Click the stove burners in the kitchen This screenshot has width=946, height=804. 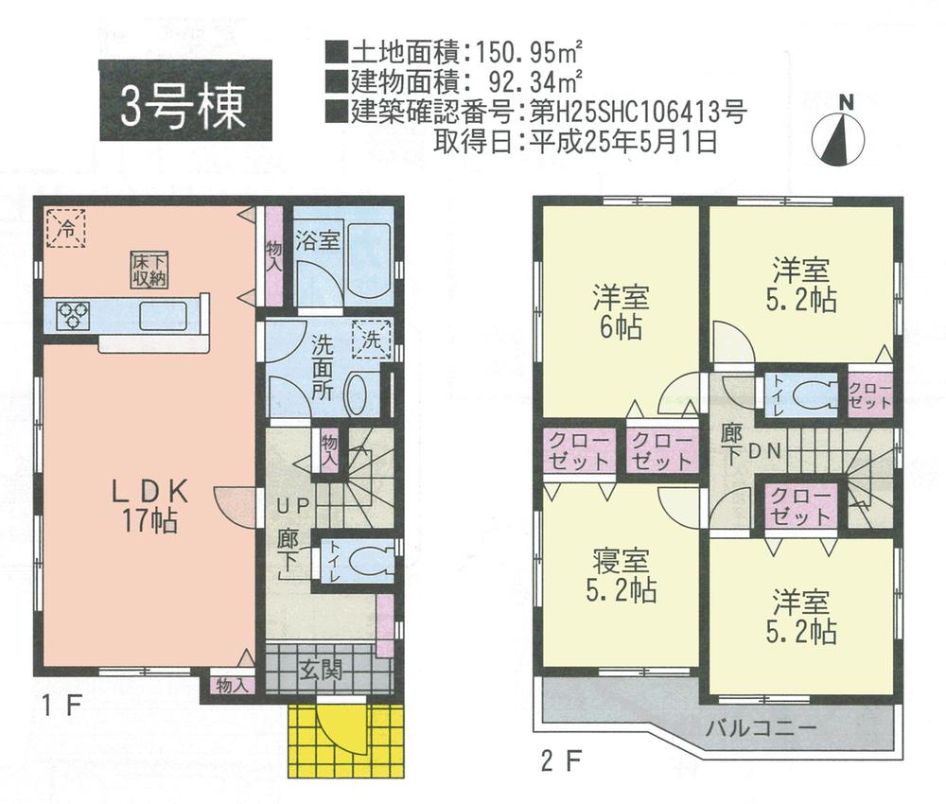point(74,315)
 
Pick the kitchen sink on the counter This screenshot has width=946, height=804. point(163,316)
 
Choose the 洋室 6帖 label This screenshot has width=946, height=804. point(620,312)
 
